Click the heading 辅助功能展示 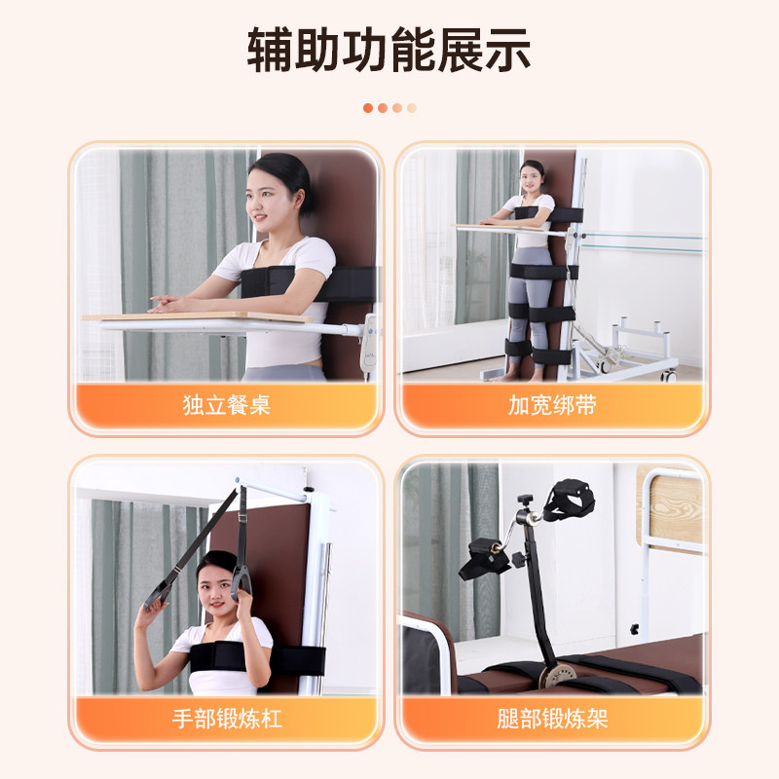coord(389,51)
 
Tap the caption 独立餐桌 coord(226,405)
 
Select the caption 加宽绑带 coord(552,405)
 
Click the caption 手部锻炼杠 coord(226,720)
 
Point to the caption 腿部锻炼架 coord(552,720)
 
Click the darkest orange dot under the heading coord(368,108)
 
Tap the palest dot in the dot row coord(412,108)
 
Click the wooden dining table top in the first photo coord(195,316)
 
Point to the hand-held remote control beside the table coord(368,346)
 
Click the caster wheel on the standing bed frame coord(669,374)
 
